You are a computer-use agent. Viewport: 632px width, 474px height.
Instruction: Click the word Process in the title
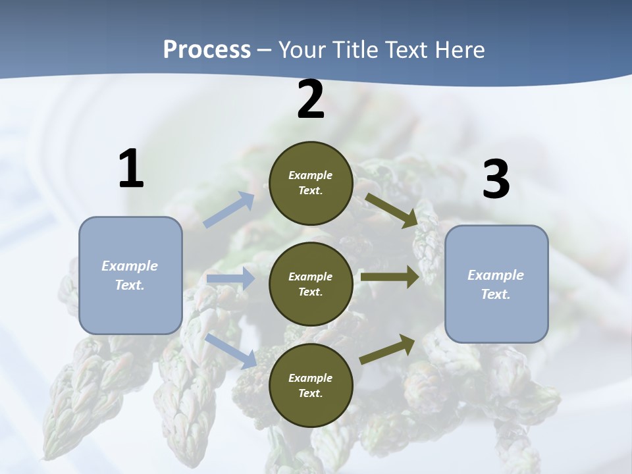coord(207,49)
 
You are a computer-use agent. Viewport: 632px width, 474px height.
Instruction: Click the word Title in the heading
coord(350,49)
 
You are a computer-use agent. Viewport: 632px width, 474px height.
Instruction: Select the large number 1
coord(131,169)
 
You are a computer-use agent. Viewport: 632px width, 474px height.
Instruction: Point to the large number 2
coord(311,100)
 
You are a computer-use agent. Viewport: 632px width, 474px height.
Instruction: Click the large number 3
coord(496,180)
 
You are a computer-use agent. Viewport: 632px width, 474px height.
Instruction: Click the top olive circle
coord(311,183)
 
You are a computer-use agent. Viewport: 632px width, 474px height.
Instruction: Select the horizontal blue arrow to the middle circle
coord(230,279)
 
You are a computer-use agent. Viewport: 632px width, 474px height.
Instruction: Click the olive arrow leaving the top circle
coord(392,210)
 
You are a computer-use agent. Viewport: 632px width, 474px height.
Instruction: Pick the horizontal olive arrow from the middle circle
coord(390,276)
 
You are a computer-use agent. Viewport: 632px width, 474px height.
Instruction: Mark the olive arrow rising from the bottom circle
coord(387,350)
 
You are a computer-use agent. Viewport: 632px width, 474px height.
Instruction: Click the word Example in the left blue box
coord(130,266)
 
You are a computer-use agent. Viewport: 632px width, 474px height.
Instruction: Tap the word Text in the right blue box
coord(495,294)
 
